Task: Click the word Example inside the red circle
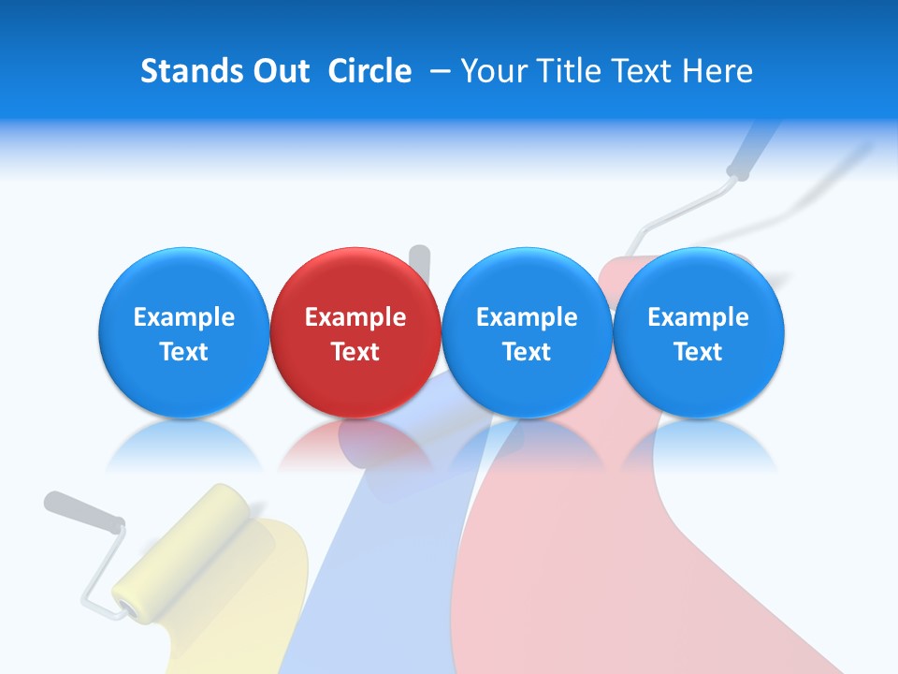tap(355, 317)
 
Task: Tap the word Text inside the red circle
tap(355, 352)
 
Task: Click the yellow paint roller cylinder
tap(181, 552)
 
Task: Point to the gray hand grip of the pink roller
tap(752, 150)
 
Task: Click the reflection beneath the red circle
tap(355, 444)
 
